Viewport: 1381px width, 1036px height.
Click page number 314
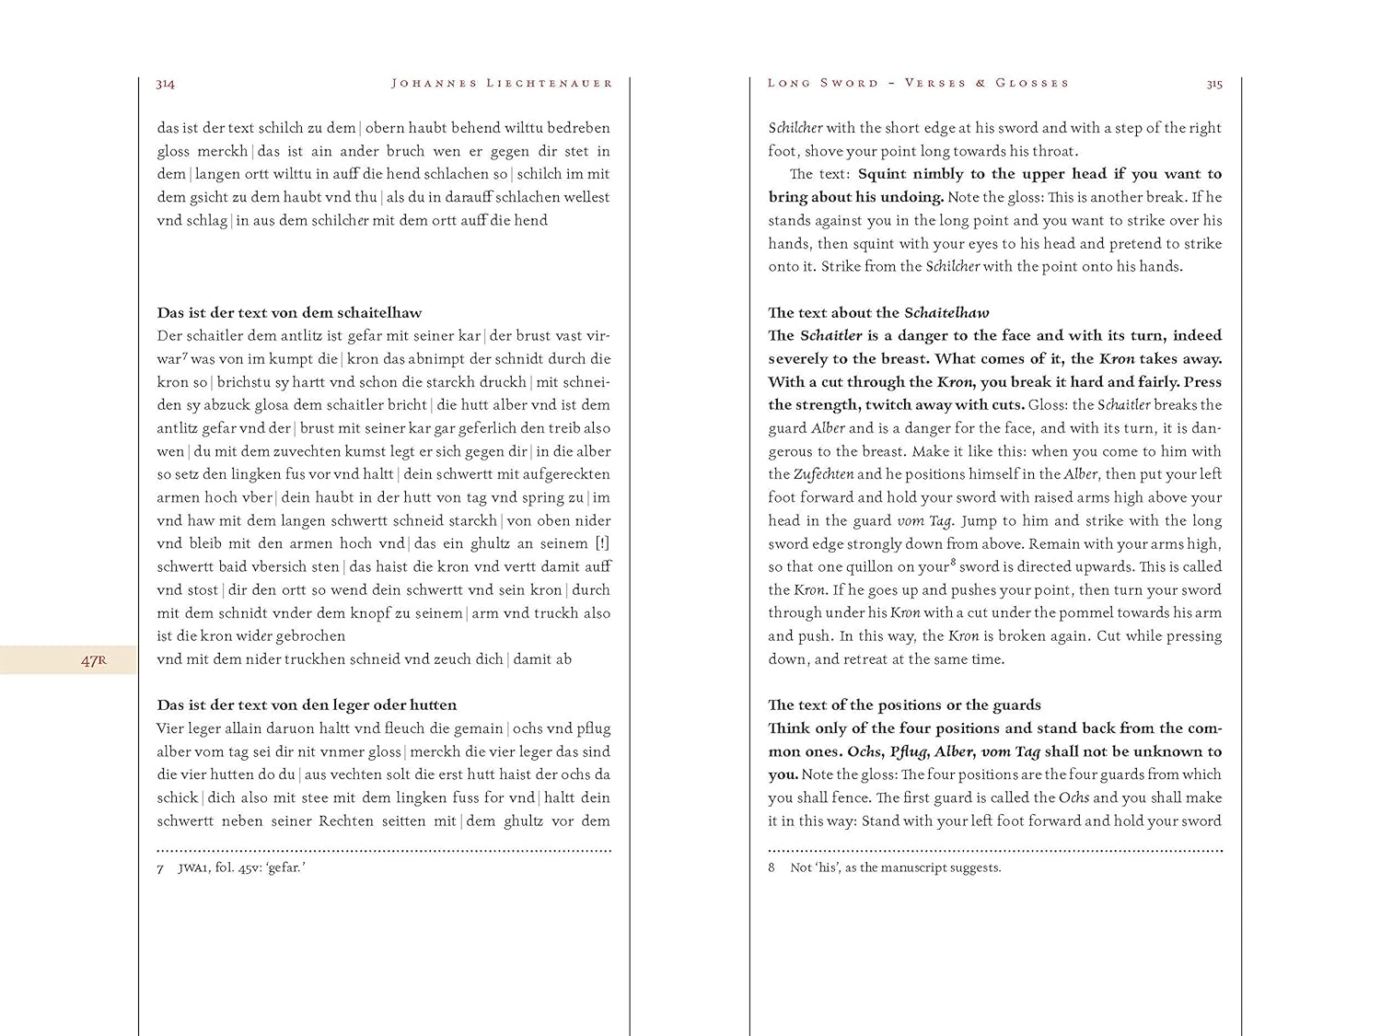click(166, 84)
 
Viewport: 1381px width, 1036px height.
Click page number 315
click(1214, 84)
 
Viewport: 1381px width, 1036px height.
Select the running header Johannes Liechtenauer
click(502, 84)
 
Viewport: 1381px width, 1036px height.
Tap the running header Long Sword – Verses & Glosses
click(918, 83)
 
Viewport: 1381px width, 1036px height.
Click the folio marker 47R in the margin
click(94, 660)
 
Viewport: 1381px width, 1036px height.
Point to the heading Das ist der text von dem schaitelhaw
click(289, 313)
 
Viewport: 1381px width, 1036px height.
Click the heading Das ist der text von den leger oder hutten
click(307, 705)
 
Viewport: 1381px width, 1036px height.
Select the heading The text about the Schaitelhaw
click(878, 313)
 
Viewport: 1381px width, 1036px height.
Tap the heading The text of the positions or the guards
click(904, 705)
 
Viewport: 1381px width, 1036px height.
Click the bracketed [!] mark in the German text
click(602, 543)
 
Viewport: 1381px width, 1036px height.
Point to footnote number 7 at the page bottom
click(161, 868)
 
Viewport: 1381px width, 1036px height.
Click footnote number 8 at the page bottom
click(772, 868)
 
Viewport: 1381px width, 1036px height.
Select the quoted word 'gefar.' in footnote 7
click(285, 867)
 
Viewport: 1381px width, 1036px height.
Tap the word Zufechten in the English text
click(823, 474)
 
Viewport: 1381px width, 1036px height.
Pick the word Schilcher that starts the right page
click(795, 128)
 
